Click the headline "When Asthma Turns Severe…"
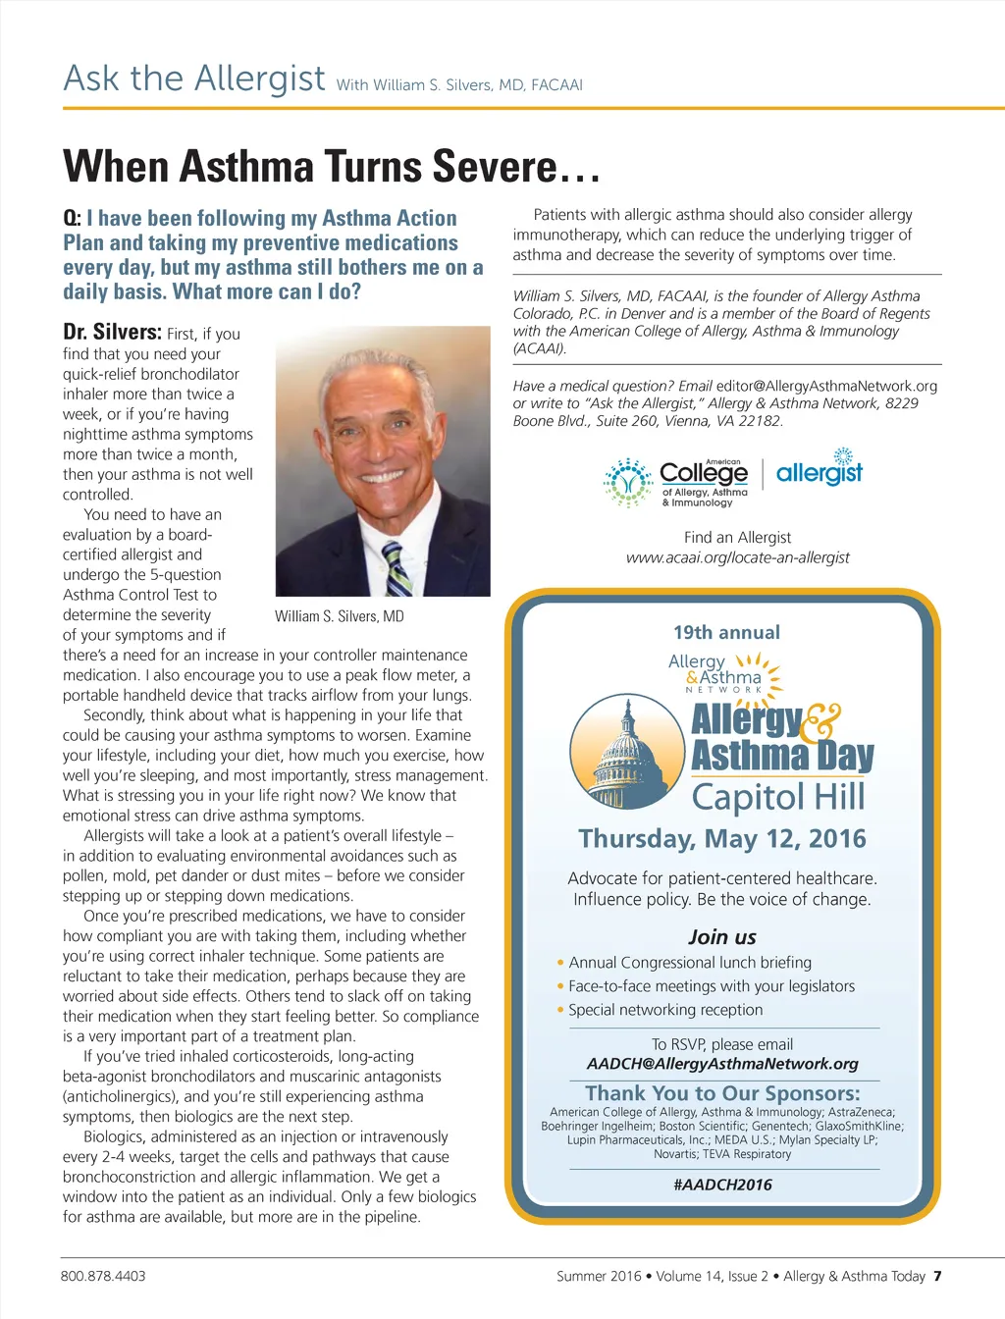(331, 167)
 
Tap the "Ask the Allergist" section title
(194, 79)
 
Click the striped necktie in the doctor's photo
(397, 570)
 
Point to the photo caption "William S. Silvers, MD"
(340, 616)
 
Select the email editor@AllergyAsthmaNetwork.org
(826, 386)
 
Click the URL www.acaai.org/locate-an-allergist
(738, 557)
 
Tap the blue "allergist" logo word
(819, 474)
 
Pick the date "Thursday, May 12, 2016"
(722, 839)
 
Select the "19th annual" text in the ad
(726, 633)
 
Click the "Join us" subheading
(722, 937)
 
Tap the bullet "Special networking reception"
(665, 1010)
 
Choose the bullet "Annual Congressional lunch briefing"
(690, 963)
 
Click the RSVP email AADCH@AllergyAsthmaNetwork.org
(722, 1064)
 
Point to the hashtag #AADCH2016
(723, 1185)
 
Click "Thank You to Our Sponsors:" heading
(722, 1093)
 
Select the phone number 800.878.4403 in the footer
(103, 1276)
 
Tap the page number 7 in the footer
(937, 1276)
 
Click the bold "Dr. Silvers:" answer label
(112, 332)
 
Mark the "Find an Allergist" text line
(737, 538)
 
